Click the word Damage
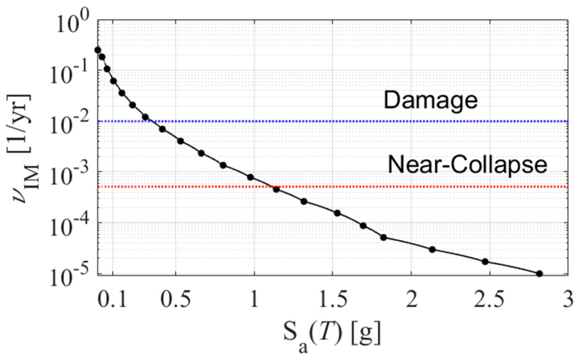[x=431, y=100]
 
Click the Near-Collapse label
[x=467, y=165]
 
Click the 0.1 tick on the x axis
[x=112, y=300]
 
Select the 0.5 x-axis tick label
[x=176, y=300]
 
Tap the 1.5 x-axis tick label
[x=333, y=300]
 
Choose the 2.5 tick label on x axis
[x=490, y=300]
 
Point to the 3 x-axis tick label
[x=568, y=300]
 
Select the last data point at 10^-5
[x=539, y=274]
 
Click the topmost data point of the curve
[x=97, y=50]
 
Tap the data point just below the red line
[x=276, y=189]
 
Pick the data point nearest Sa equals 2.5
[x=485, y=262]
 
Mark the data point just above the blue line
[x=145, y=117]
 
